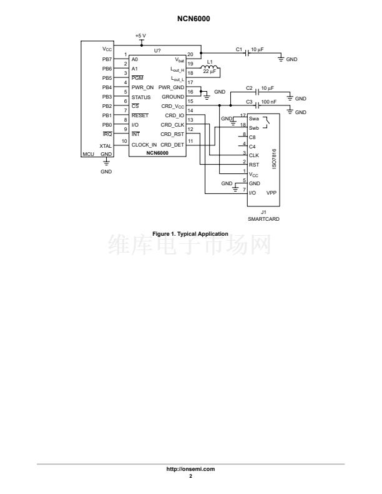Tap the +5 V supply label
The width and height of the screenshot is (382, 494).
141,36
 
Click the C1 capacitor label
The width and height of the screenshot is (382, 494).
238,49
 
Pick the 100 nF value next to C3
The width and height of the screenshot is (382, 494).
270,101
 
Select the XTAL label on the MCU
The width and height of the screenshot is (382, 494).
105,145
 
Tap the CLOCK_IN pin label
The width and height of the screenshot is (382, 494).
144,145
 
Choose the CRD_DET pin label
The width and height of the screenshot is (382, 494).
173,145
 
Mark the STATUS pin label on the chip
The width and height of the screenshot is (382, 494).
140,97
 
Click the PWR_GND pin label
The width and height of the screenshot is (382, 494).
171,87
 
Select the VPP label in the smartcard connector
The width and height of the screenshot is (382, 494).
272,193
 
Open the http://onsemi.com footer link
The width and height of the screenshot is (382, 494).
191,468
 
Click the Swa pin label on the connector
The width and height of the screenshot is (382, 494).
253,117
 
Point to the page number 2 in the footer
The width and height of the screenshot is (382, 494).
191,476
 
